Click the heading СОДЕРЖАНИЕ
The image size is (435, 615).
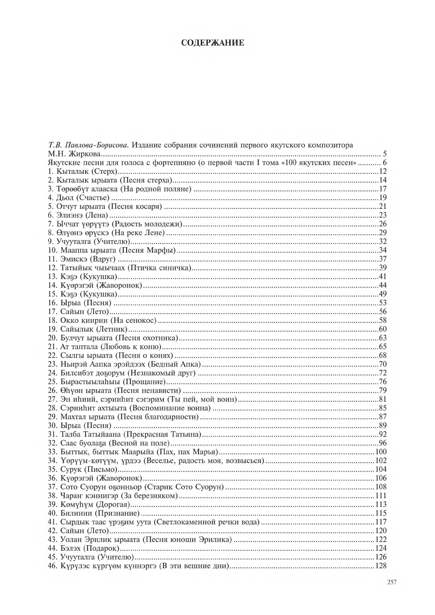coord(213,43)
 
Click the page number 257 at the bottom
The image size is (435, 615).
coord(391,582)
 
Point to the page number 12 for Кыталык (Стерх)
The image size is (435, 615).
coord(383,172)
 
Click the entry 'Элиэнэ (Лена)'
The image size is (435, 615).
coord(82,215)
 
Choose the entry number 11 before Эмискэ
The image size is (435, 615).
coord(53,259)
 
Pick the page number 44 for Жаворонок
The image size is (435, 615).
coord(383,286)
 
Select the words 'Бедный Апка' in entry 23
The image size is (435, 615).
coord(182,364)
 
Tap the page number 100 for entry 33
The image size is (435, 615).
coord(381,452)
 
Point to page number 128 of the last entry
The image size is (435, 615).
coord(381,566)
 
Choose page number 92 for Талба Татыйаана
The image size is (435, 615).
coord(383,435)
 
